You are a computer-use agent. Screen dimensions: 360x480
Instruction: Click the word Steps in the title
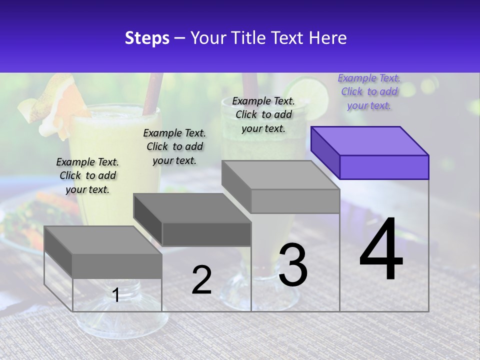click(x=147, y=38)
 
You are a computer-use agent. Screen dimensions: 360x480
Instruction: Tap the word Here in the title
click(x=327, y=38)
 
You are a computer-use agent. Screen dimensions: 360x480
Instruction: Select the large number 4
click(x=381, y=249)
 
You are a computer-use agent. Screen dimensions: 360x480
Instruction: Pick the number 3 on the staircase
click(x=293, y=264)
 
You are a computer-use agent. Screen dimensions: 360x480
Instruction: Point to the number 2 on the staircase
click(x=201, y=279)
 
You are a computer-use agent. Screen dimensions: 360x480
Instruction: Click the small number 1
click(x=116, y=295)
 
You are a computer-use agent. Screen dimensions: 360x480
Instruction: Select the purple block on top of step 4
click(x=370, y=153)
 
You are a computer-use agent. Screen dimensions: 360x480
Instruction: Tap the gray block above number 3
click(x=281, y=187)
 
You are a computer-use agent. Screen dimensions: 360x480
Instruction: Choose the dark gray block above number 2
click(x=192, y=220)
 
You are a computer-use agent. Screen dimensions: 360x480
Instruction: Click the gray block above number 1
click(x=103, y=252)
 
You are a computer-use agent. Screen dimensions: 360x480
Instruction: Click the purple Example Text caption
click(x=369, y=91)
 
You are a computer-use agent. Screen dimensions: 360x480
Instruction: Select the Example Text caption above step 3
click(x=263, y=114)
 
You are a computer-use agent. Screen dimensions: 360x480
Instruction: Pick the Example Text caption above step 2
click(x=174, y=146)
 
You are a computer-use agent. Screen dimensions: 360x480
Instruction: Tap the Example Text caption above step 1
click(x=87, y=175)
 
